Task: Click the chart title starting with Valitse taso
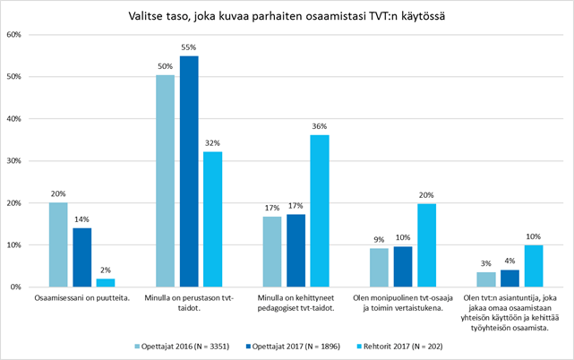coord(287,15)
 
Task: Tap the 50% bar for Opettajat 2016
coord(165,181)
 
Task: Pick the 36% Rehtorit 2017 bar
coord(319,211)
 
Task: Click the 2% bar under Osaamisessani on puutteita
coord(106,282)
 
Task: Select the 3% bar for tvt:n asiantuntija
coord(485,279)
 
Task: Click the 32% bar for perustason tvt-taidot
coord(212,219)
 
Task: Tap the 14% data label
coord(81,219)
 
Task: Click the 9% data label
coord(378,240)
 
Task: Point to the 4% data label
coord(509,261)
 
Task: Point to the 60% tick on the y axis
coord(13,35)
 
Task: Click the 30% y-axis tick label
coord(13,161)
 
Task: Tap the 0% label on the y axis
coord(15,287)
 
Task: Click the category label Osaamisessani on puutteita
coord(81,296)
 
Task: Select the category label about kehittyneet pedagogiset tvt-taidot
coord(296,302)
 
